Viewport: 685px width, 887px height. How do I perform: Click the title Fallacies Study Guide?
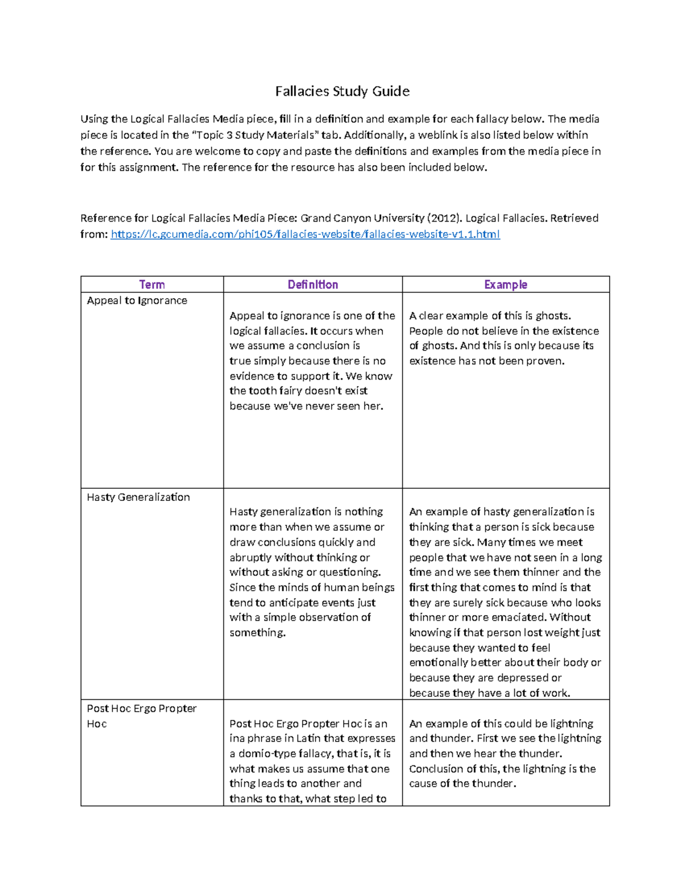coord(342,91)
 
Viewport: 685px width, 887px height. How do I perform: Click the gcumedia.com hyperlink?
coord(305,234)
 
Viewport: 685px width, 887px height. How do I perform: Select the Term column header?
coord(152,284)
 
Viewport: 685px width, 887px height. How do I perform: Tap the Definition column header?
coord(313,284)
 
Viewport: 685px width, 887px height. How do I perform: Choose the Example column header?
coord(505,284)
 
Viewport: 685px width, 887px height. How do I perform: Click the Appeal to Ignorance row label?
coord(137,300)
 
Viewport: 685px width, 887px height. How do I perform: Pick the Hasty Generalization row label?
coord(138,497)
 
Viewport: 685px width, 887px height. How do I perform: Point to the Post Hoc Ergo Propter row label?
coord(142,708)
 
